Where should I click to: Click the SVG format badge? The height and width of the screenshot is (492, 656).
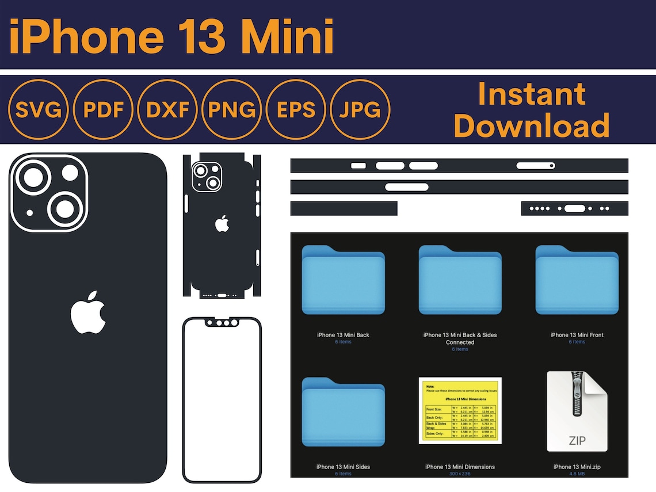click(x=39, y=109)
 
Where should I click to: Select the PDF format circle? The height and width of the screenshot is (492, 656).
click(x=104, y=109)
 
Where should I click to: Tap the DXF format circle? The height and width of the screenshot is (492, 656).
click(x=168, y=109)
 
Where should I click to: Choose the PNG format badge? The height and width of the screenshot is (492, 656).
click(x=232, y=109)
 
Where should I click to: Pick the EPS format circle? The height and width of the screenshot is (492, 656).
click(x=296, y=109)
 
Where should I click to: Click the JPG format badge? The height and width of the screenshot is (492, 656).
click(x=360, y=109)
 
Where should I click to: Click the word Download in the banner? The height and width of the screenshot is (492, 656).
click(x=532, y=125)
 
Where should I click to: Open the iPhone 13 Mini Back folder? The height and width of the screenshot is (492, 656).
click(x=343, y=280)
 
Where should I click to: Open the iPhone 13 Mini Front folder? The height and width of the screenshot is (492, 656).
click(x=577, y=280)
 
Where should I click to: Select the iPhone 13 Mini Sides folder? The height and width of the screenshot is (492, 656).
click(x=343, y=412)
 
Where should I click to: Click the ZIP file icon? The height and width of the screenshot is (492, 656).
click(x=577, y=411)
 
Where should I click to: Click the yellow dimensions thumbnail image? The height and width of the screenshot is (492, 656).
click(x=460, y=411)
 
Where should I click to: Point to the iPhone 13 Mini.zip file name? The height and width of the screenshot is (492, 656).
click(x=577, y=467)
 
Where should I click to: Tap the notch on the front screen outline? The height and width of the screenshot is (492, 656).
click(x=222, y=322)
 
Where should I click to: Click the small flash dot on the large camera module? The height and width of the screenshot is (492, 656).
click(x=30, y=213)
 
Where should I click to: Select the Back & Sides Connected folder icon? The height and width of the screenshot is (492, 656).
click(x=460, y=280)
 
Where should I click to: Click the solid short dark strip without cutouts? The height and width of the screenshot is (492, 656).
click(x=344, y=208)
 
